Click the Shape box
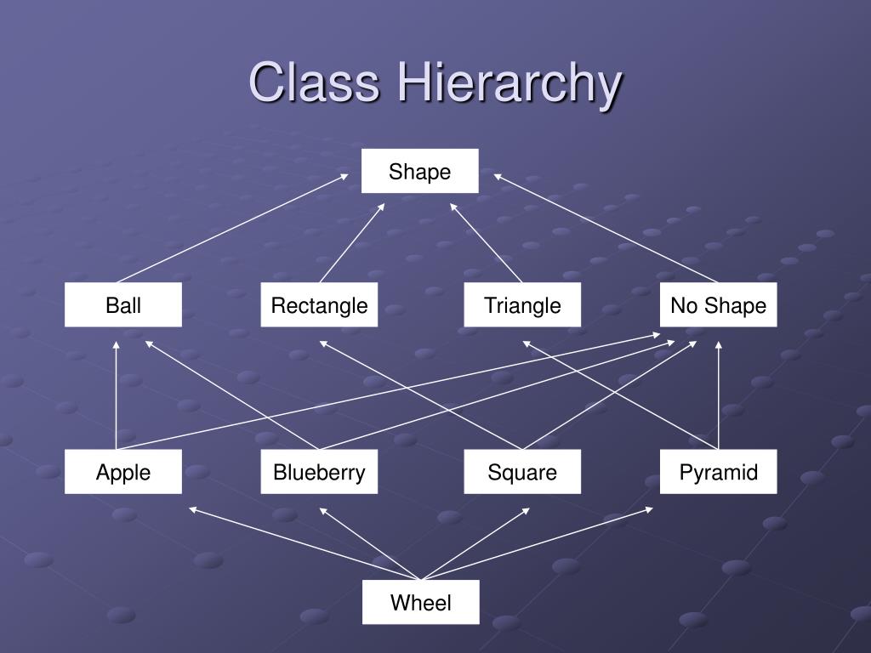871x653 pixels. click(419, 172)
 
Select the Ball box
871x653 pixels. click(123, 305)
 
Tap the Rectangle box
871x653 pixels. click(319, 305)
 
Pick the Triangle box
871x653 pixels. click(522, 305)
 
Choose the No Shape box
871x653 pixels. click(718, 305)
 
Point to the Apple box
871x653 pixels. click(123, 473)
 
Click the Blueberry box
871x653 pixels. click(319, 473)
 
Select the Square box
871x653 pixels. click(522, 473)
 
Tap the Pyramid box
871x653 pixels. click(718, 473)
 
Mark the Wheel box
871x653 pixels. click(420, 603)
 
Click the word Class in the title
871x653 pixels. click(314, 83)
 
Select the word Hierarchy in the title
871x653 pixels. click(508, 83)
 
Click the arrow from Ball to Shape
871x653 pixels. click(231, 228)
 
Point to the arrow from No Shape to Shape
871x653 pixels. click(606, 228)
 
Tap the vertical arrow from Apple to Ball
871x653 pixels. click(117, 395)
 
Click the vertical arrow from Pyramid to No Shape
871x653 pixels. click(719, 395)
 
